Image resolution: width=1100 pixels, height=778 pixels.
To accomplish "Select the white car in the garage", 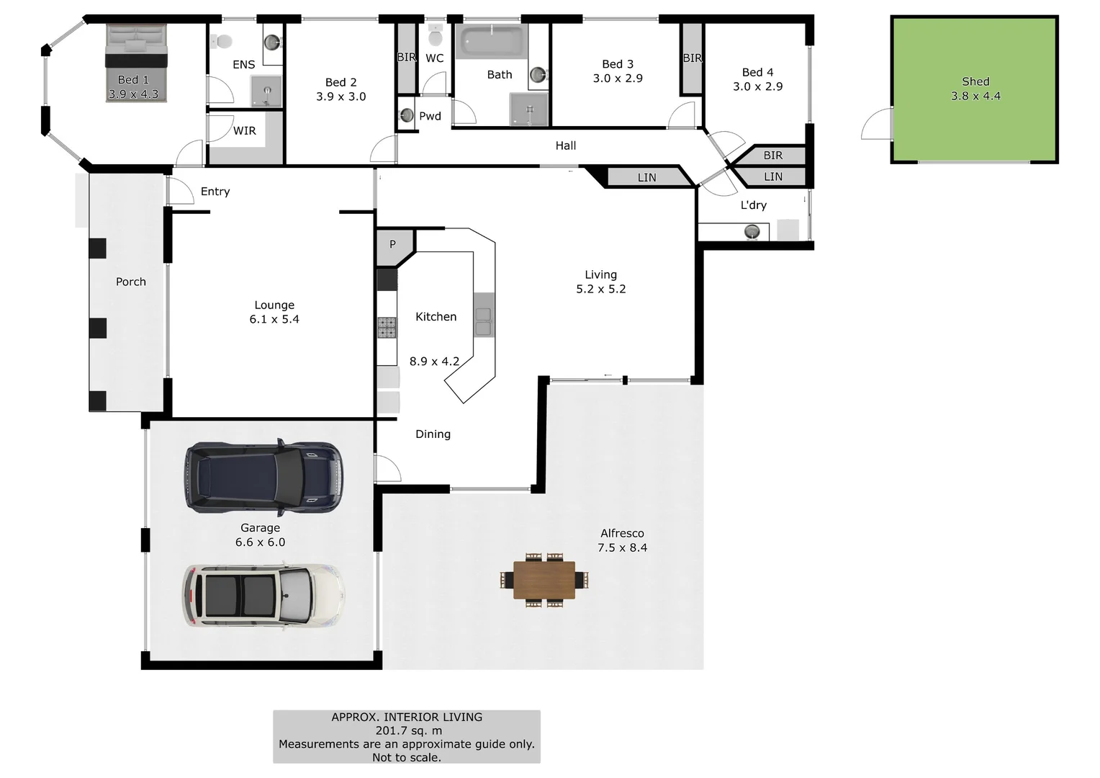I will point(263,595).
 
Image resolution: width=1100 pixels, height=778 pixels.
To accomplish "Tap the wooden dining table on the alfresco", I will point(544,581).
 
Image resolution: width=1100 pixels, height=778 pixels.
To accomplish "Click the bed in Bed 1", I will point(136,63).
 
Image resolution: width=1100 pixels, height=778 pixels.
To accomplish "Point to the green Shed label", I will point(975,82).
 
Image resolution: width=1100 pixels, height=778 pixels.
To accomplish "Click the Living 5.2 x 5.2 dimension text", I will point(600,289).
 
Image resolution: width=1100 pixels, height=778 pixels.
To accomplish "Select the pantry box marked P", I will point(393,245).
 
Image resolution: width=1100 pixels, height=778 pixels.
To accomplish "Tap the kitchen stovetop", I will point(387,328).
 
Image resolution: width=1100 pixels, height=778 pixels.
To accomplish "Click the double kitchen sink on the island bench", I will point(483,322).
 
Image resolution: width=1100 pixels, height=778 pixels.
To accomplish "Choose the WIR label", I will point(244,131).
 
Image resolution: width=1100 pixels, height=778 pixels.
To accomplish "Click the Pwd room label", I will point(430,116).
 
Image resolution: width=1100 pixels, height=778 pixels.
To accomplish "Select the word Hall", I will point(565,146).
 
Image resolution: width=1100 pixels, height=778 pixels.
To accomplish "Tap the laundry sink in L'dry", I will point(752,231).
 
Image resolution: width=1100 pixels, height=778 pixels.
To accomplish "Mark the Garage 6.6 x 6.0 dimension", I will point(260,542).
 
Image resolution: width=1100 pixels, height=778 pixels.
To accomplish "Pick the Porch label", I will point(131,282).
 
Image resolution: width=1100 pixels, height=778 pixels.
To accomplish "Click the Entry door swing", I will point(179,190).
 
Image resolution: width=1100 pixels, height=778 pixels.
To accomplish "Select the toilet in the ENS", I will point(222,42).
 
